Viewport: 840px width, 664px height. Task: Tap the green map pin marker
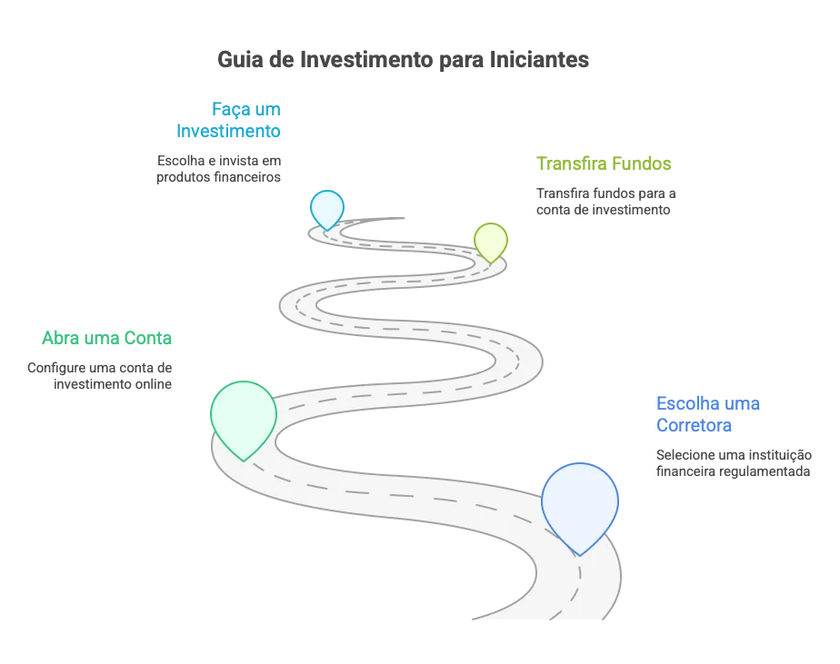[x=244, y=418]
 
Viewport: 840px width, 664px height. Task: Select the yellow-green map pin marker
[x=491, y=241]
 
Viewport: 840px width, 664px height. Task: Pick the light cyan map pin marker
[x=326, y=208]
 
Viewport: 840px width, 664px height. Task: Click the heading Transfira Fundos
[x=604, y=164]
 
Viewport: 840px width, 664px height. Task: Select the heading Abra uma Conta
[x=107, y=338]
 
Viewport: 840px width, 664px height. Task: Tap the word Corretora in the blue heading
[x=694, y=425]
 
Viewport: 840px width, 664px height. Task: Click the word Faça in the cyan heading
[x=230, y=110]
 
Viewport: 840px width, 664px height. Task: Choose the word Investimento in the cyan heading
[x=228, y=131]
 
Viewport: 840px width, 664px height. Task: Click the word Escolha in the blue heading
[x=685, y=403]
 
